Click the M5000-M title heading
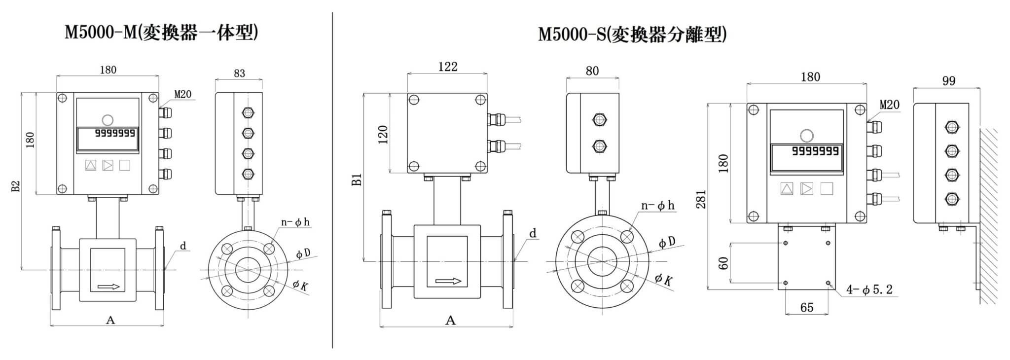tap(161, 33)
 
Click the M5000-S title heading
tap(632, 35)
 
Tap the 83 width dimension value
tap(239, 73)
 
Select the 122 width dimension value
tap(447, 67)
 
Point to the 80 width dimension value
tap(592, 71)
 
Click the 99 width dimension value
tap(948, 81)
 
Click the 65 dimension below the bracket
tap(806, 308)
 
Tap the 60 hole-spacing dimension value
tap(723, 263)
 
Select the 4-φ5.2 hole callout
tap(869, 290)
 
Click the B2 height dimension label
tap(16, 186)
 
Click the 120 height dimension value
tap(383, 134)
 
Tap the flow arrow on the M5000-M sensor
tap(108, 287)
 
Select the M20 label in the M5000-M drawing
tap(182, 94)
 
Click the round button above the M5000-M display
tap(107, 119)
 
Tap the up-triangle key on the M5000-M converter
tap(91, 165)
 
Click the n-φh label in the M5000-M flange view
tap(295, 222)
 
